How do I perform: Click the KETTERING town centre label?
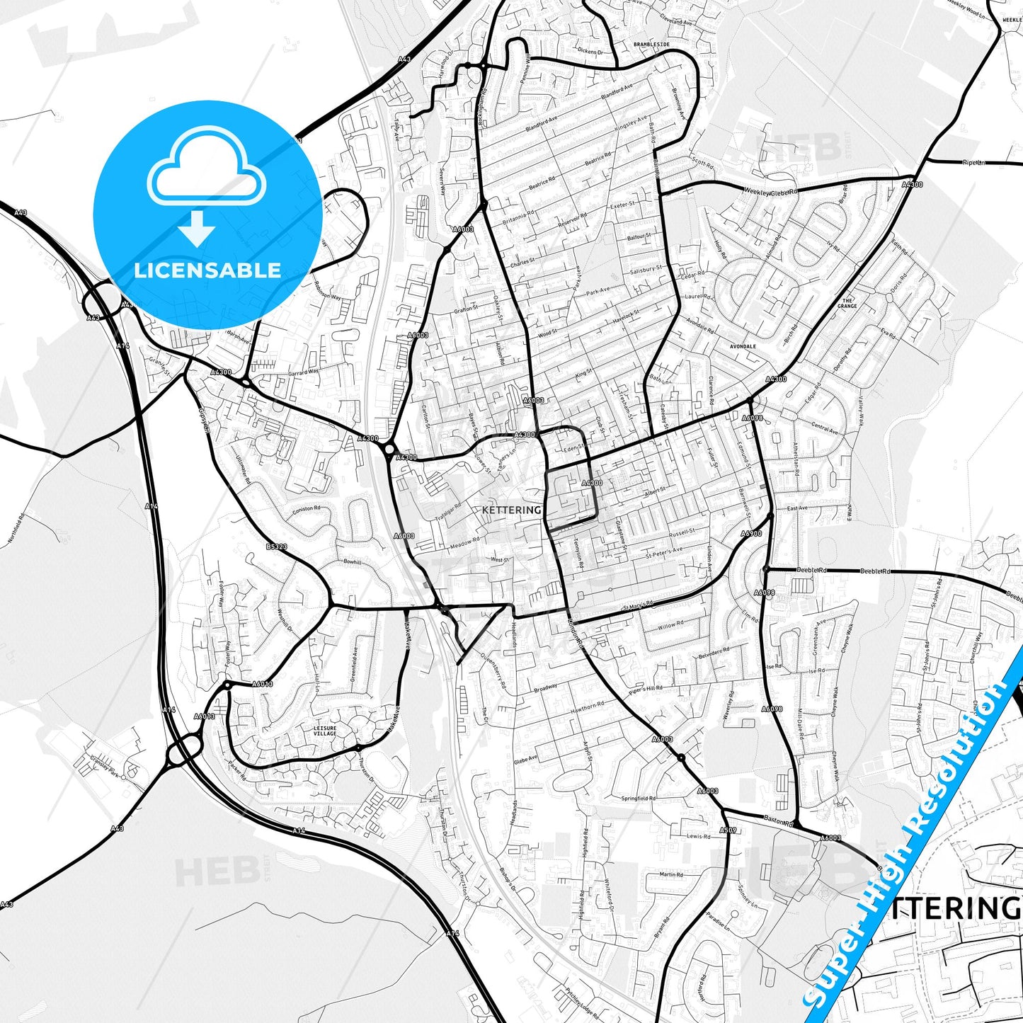(511, 510)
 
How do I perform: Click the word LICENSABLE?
(207, 270)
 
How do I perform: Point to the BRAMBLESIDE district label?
(651, 44)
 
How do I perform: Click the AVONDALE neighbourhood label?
(743, 347)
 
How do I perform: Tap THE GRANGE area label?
(847, 303)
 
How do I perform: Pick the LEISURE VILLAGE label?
(326, 730)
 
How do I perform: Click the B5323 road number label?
(277, 547)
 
